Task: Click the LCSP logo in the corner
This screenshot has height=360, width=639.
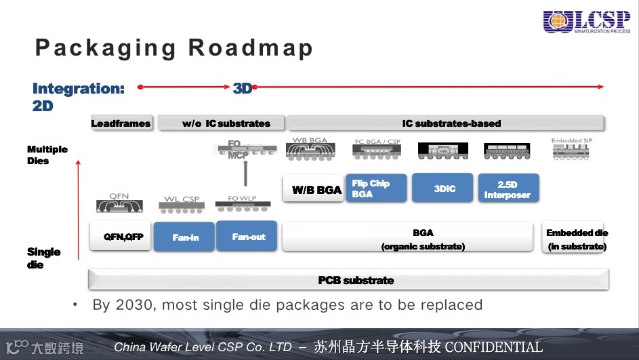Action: (x=587, y=22)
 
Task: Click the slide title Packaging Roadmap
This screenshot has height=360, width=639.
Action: (x=174, y=48)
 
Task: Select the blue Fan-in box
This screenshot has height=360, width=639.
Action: (x=184, y=237)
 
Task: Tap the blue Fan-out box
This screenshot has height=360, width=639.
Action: (x=247, y=236)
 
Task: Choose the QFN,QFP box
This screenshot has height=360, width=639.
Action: (x=121, y=237)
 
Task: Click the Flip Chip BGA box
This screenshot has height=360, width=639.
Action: (x=379, y=188)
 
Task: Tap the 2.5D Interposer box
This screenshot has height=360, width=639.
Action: (x=508, y=188)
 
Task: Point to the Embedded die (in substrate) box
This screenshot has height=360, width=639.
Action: (x=577, y=239)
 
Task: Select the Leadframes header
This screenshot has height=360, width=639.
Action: (x=121, y=123)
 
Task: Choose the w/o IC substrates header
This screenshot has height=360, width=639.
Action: (x=221, y=123)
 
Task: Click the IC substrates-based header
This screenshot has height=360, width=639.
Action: (x=445, y=123)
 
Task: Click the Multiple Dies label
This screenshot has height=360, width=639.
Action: (x=47, y=155)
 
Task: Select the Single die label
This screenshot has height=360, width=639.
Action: (x=43, y=258)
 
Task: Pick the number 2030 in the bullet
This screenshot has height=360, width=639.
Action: (x=134, y=304)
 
